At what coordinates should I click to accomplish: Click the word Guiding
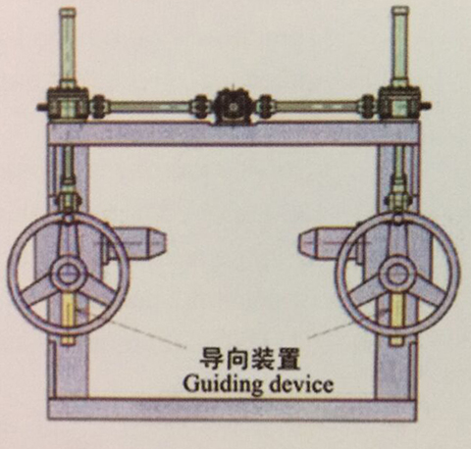click(x=223, y=384)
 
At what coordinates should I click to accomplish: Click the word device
click(x=301, y=383)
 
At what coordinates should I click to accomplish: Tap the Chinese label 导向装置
click(x=250, y=359)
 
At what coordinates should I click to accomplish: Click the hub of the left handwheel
click(x=68, y=274)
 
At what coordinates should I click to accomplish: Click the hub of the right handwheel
click(x=398, y=274)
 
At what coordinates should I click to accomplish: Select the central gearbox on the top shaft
click(x=233, y=105)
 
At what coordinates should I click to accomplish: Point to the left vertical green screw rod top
click(x=68, y=47)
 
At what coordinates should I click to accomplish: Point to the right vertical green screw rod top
click(x=400, y=46)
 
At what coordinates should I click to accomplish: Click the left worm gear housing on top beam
click(x=68, y=103)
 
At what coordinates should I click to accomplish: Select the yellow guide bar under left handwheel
click(x=69, y=318)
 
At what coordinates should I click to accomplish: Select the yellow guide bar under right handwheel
click(x=397, y=318)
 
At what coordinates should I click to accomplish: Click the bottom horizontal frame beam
click(x=233, y=410)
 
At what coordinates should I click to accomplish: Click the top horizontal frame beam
click(x=233, y=133)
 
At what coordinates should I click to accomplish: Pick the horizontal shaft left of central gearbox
click(x=150, y=106)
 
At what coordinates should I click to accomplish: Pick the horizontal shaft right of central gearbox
click(x=317, y=106)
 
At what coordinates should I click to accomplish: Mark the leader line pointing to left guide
click(x=133, y=327)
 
